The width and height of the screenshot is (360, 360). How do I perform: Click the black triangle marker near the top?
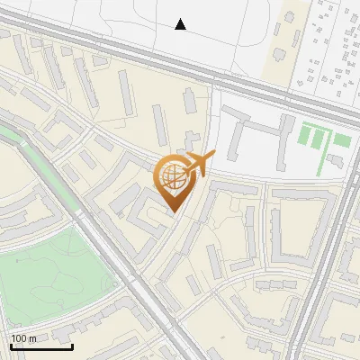point(181,24)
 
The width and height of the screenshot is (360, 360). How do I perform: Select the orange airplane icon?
point(199,164)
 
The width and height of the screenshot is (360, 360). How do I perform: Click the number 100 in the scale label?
point(19,338)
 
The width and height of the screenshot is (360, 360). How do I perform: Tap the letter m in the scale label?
point(32,338)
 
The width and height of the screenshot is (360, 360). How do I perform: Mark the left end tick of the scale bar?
point(11,346)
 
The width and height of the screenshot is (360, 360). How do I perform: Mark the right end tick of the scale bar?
point(72,346)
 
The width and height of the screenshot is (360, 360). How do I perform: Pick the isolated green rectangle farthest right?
point(342,140)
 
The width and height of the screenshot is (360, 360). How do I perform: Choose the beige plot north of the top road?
point(290,36)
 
